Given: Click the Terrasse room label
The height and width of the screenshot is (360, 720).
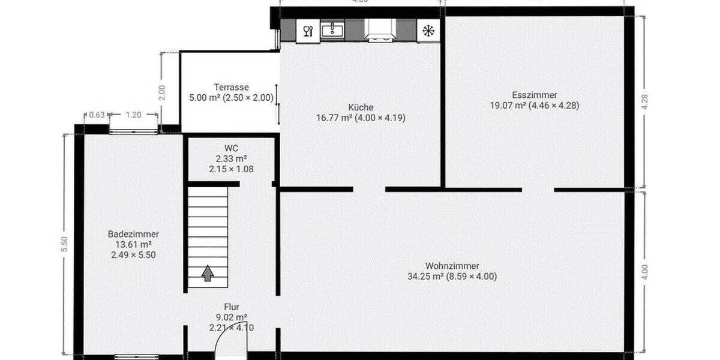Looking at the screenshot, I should coord(231,87).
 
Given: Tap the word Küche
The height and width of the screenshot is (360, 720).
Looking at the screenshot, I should coord(361,107).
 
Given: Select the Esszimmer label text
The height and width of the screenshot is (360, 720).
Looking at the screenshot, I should coord(535,95).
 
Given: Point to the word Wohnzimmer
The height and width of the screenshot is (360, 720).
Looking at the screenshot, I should coord(452,266).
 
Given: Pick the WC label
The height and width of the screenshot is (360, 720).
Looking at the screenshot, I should coord(231,148).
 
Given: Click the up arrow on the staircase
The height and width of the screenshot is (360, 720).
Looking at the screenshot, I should coord(208,274).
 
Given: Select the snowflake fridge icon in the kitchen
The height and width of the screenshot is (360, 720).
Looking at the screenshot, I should coord(428,31).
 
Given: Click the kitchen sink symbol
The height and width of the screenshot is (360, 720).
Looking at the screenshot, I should coord(332,30).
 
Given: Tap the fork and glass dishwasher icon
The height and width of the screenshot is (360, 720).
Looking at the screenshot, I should coord(308,31).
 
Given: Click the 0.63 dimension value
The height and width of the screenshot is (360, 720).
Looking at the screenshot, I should coord(97,115).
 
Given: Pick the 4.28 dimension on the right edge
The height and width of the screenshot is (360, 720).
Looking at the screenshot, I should coord(645,101).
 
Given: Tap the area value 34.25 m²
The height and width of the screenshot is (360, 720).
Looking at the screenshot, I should coord(425,277).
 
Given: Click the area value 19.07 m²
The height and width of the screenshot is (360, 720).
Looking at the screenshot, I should coord(508,106).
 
